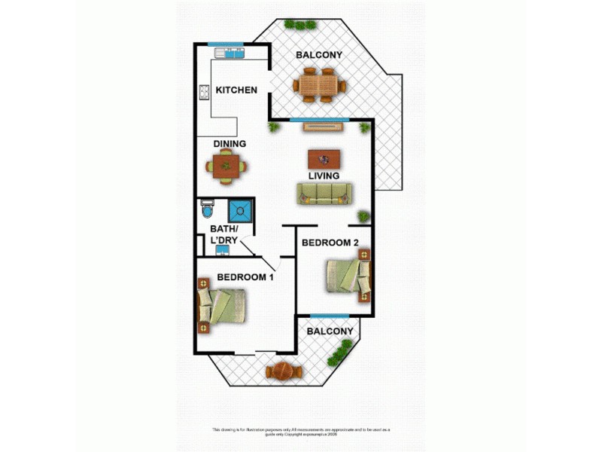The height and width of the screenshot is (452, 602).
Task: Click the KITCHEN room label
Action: coord(236,90)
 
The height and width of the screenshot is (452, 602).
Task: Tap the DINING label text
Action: coord(230,144)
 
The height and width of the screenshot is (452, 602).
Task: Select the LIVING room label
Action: coord(324,176)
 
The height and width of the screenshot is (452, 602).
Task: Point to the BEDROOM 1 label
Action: coord(245,277)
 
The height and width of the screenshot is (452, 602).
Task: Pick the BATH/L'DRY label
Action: coord(224,234)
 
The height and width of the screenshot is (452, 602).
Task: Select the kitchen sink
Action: coord(230,53)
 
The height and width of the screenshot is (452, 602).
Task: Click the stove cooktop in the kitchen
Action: coord(204,93)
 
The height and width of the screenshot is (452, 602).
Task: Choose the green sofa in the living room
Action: coord(324,194)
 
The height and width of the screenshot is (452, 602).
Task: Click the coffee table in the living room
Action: coord(324,158)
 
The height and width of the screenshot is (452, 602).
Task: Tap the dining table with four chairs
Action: coord(227,165)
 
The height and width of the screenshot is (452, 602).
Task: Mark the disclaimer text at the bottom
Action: coord(301,432)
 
